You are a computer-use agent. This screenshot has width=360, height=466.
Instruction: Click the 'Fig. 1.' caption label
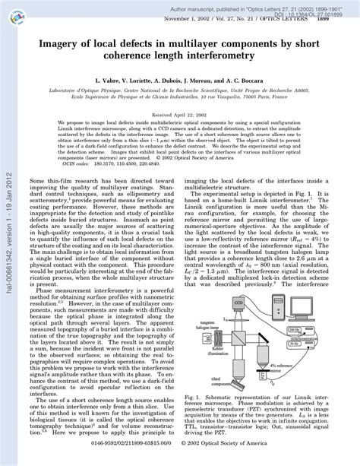coord(196,417)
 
